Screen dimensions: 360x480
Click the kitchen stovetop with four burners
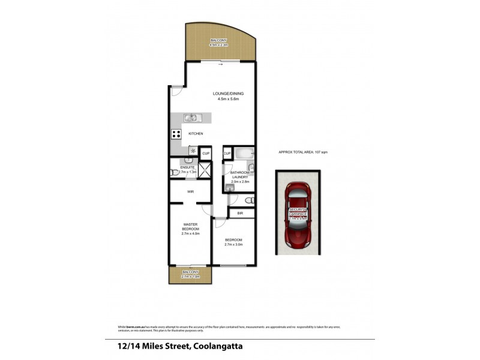(x=177, y=134)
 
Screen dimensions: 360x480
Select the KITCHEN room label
(x=196, y=134)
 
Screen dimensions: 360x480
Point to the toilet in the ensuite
(x=173, y=172)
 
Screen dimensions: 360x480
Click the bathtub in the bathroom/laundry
(x=243, y=153)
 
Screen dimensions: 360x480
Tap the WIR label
(x=190, y=192)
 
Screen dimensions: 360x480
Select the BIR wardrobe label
(x=240, y=213)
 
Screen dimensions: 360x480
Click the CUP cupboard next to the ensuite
(x=205, y=154)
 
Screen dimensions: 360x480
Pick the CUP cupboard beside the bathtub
(x=227, y=154)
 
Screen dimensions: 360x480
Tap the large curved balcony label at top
(x=220, y=42)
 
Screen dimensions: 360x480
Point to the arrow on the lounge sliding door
(x=221, y=65)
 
